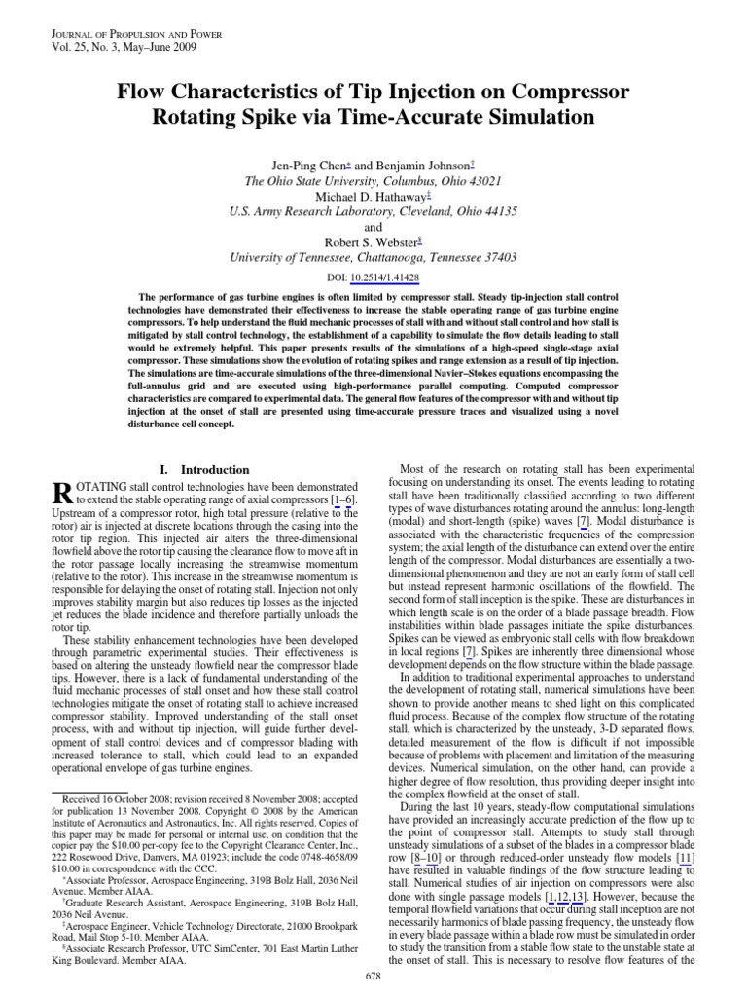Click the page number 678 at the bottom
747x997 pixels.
pyautogui.click(x=373, y=975)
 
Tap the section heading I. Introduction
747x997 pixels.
pyautogui.click(x=203, y=469)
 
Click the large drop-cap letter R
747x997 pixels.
pyautogui.click(x=61, y=497)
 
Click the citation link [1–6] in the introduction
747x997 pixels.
pyautogui.click(x=341, y=499)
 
